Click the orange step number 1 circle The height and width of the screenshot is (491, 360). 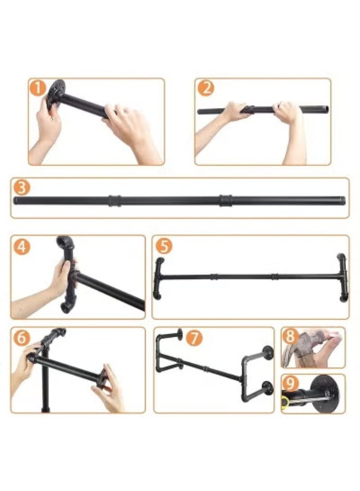coord(38,88)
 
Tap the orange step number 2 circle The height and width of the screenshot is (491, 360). coord(205,87)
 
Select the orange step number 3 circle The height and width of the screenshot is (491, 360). coord(21,188)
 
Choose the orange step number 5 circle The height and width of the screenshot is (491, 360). coord(164,246)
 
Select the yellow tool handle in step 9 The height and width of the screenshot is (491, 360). coord(285,403)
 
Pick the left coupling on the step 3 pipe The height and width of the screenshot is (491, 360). coord(113,200)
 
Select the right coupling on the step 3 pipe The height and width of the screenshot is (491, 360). coord(225,200)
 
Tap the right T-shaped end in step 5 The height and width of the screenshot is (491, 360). coord(342,278)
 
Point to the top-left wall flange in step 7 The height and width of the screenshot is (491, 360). coord(178,334)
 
